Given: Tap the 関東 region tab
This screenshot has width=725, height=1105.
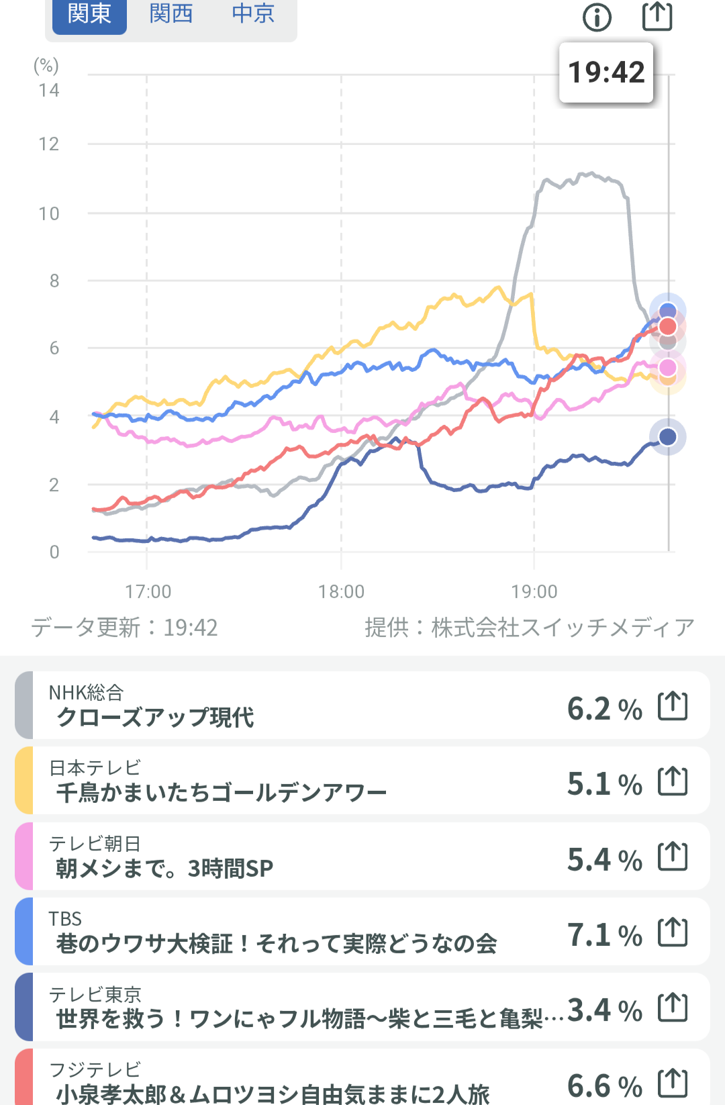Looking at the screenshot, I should (x=89, y=14).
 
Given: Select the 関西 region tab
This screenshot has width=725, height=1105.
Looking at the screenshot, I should (x=171, y=14).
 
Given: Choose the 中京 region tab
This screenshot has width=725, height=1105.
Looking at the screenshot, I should (x=253, y=14).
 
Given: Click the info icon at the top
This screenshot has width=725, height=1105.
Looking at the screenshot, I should (x=597, y=17).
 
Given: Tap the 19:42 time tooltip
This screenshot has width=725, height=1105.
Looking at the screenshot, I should (x=606, y=73).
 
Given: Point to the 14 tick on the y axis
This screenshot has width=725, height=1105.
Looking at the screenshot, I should (x=49, y=91).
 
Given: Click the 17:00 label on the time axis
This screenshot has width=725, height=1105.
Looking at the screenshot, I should (x=148, y=591).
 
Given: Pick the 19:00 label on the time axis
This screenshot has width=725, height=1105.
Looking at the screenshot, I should (x=534, y=591).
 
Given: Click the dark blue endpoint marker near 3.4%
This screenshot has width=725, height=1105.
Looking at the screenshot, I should (x=667, y=437).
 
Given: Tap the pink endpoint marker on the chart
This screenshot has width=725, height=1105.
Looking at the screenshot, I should (x=667, y=368).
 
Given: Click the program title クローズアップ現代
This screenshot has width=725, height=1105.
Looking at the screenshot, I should (x=155, y=717).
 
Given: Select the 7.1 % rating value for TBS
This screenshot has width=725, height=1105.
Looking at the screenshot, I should (x=605, y=934).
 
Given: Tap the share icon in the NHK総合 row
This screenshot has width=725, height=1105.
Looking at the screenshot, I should (x=673, y=706).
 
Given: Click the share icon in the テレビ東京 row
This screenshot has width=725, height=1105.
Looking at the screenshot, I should (x=673, y=1007).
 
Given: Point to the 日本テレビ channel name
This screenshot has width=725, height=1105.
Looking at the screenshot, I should (x=95, y=767).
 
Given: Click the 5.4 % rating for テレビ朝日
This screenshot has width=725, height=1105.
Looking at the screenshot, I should (x=605, y=859).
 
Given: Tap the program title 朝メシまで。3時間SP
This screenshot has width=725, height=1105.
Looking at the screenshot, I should (x=164, y=868).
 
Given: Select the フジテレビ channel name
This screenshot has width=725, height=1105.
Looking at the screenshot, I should (x=95, y=1069).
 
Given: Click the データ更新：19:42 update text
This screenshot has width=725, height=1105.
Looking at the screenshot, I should (x=124, y=628).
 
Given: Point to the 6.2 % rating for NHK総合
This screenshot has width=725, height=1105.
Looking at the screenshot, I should (x=605, y=709).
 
